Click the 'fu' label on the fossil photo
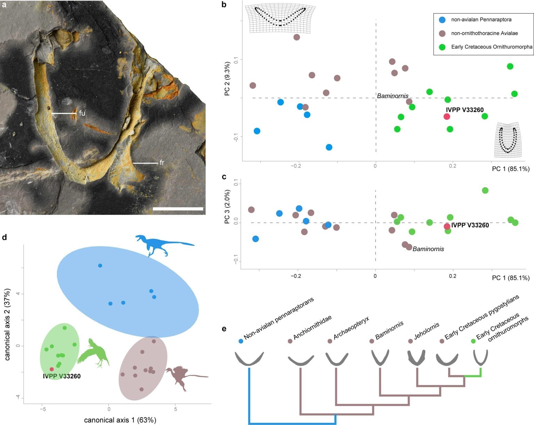[82, 113]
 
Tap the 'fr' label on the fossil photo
[162, 163]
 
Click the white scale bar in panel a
[178, 209]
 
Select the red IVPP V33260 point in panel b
[447, 116]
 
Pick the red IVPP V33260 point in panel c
[447, 226]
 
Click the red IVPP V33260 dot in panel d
[52, 369]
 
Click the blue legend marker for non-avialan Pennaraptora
[442, 20]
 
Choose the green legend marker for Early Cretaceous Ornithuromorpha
[442, 47]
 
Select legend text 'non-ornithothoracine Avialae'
[484, 33]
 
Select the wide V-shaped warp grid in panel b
[280, 17]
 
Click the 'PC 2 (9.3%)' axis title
[227, 79]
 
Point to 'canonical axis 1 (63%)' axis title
[120, 420]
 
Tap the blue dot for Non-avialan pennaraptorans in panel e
[241, 341]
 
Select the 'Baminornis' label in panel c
[428, 249]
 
